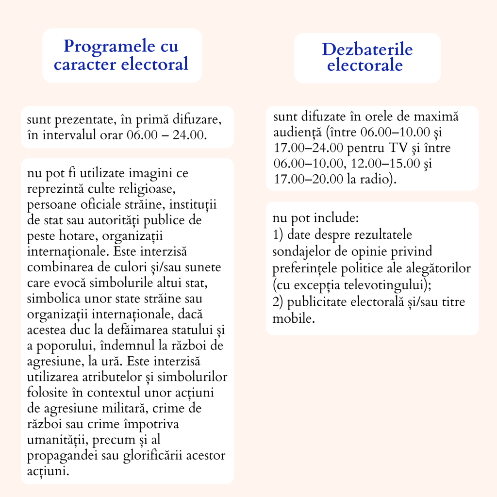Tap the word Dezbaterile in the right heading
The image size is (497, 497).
[367, 50]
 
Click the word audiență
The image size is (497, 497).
[297, 133]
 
